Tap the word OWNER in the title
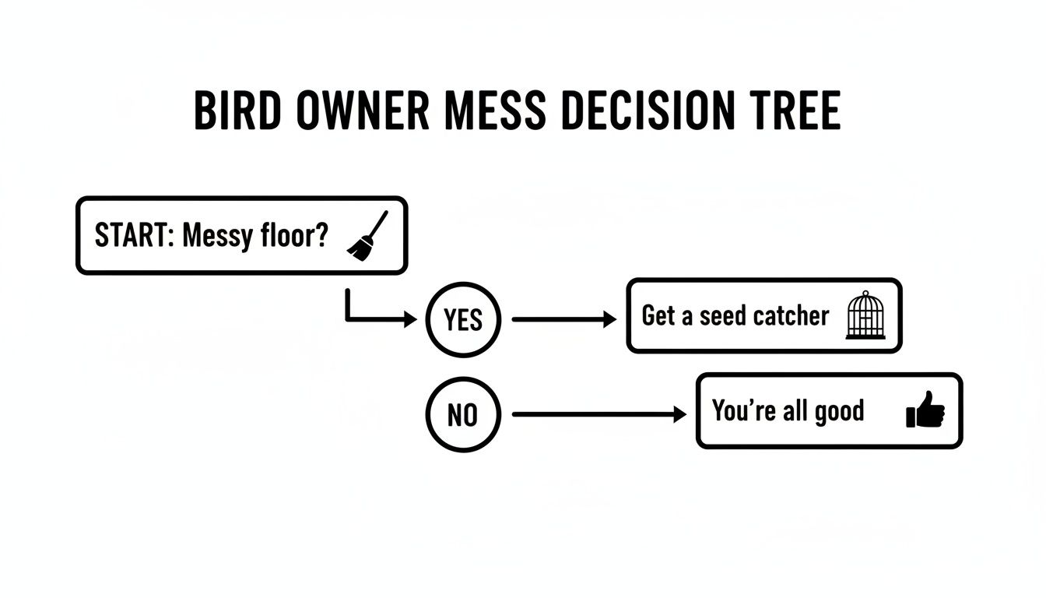363,111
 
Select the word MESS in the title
497,111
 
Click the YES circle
463,320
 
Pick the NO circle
463,415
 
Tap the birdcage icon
865,315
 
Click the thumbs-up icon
925,410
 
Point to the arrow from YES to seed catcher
563,319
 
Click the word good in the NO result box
838,410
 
